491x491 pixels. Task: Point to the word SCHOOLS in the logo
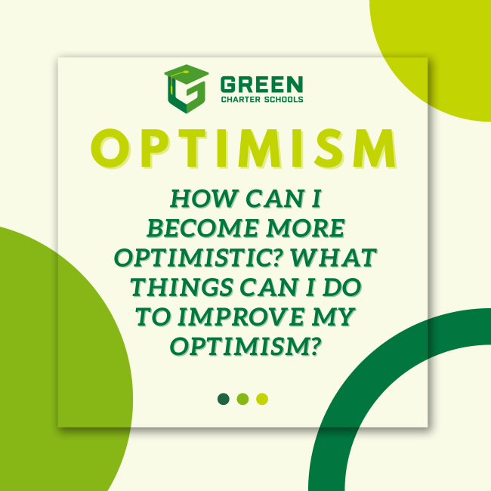click(x=283, y=99)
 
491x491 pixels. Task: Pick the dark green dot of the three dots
click(x=223, y=398)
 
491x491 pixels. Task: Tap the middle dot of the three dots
click(x=242, y=398)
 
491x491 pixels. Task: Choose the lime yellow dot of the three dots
click(x=262, y=398)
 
